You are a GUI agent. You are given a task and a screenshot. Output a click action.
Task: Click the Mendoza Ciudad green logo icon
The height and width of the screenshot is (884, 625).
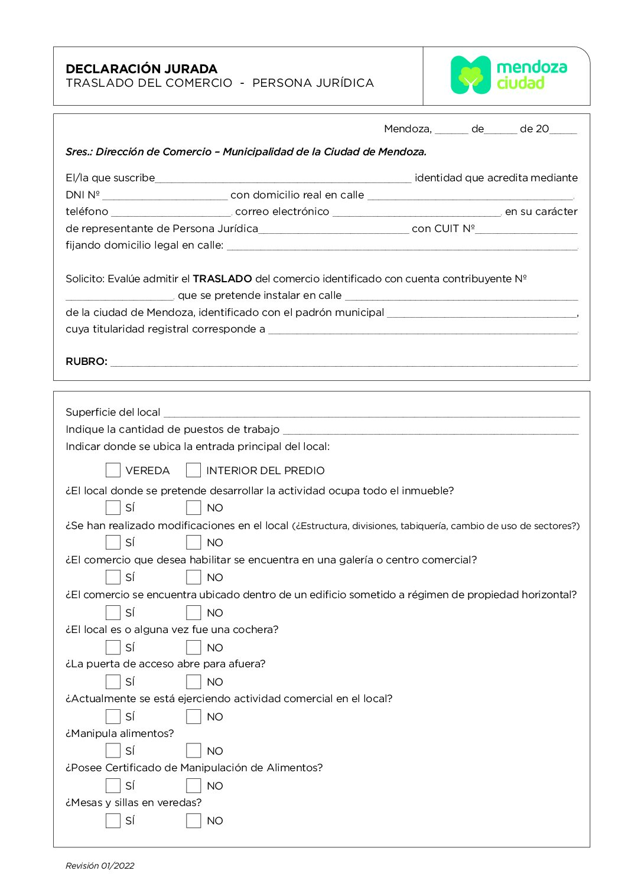coord(470,75)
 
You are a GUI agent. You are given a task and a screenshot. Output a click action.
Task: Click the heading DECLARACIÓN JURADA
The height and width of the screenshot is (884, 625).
coord(141,68)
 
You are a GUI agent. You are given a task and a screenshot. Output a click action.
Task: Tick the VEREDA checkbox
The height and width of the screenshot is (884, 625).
coord(113,470)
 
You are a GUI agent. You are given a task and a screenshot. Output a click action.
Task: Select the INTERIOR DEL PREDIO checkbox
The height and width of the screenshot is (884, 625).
coord(193,470)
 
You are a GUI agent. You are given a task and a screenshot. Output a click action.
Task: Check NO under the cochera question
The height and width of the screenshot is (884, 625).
coord(193,647)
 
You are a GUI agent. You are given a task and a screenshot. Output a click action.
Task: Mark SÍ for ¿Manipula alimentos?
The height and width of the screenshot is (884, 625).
coord(113,751)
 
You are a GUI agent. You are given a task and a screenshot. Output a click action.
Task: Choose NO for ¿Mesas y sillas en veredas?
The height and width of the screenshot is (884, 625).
coord(193,820)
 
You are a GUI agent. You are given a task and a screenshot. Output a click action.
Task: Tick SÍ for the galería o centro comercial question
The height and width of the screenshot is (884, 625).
coord(113,577)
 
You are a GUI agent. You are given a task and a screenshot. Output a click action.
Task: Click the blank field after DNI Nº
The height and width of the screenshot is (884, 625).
coord(164,195)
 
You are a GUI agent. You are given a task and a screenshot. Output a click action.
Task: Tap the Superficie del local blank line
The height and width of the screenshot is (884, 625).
coord(371,413)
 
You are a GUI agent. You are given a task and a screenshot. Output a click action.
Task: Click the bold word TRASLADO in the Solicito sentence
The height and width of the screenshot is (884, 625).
coord(222,279)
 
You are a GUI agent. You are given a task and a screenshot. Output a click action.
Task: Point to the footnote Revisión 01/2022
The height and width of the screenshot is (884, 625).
coord(100,866)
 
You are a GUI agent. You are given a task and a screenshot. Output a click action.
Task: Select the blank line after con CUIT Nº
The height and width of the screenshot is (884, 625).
coord(526,229)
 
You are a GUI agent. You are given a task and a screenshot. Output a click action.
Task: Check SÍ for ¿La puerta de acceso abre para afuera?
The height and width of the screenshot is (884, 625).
coord(113,681)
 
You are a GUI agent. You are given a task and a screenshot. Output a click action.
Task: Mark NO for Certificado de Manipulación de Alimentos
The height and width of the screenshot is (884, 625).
coord(193,785)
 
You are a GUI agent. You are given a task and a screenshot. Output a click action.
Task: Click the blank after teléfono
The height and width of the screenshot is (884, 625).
coord(171,212)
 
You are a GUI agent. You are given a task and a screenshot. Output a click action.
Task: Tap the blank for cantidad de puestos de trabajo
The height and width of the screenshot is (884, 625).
coord(430,430)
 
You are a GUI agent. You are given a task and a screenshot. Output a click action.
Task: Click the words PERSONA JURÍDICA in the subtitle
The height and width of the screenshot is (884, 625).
coord(313,83)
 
